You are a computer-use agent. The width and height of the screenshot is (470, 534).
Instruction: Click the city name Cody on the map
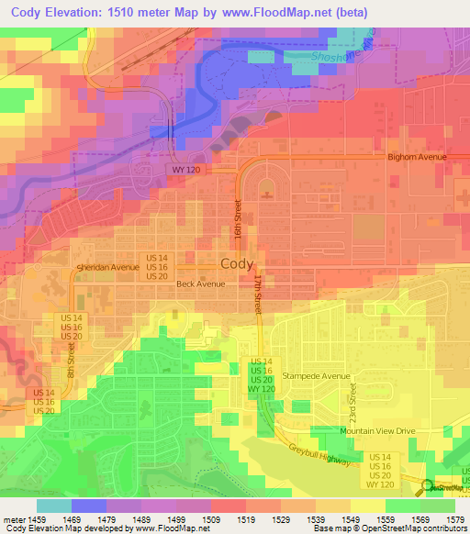coord(237,263)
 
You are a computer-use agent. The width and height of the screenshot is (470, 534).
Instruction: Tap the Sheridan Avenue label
coord(107,267)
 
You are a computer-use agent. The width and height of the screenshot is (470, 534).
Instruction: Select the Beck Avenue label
coord(200,284)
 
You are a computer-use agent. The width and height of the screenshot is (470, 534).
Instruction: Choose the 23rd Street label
coord(352,396)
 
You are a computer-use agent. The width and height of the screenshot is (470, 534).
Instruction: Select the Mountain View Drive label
coord(378,430)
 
